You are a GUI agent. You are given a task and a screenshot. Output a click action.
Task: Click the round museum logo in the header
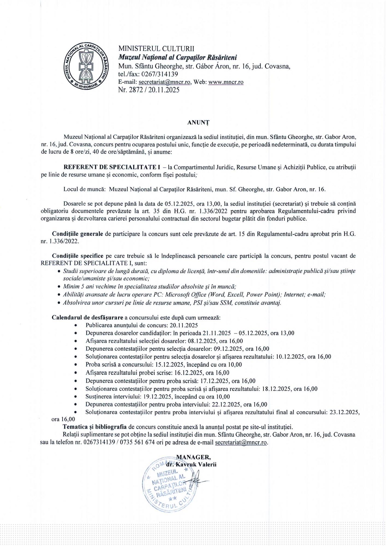click(86, 66)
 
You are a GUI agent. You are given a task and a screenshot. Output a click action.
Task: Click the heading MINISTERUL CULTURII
click(156, 49)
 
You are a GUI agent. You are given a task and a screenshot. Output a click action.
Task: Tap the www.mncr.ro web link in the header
click(226, 82)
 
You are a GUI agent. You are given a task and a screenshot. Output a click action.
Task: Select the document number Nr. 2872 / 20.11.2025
click(149, 90)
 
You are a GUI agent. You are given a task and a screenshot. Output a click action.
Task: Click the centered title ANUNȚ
click(198, 123)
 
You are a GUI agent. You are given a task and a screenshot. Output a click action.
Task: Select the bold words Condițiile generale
click(78, 234)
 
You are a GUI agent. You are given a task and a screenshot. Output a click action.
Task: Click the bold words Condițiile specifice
click(78, 256)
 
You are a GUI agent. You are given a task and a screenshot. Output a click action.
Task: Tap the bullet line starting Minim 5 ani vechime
click(150, 287)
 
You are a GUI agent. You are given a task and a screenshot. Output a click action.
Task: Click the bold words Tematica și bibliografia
click(95, 427)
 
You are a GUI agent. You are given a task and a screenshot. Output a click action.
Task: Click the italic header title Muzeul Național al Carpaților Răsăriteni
click(177, 57)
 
